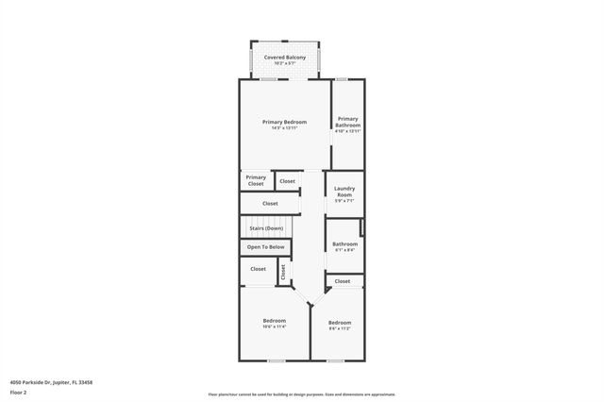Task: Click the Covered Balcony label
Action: pos(284,58)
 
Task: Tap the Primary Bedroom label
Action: pos(284,122)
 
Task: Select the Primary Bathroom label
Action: pos(347,122)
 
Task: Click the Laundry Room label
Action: pos(344,192)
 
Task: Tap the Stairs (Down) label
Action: pos(266,228)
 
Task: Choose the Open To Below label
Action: pos(265,247)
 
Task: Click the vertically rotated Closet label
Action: pos(282,272)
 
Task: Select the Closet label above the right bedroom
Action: pos(343,281)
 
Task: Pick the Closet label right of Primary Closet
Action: pos(288,180)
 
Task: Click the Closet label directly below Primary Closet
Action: pos(270,203)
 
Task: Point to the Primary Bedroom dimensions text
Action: pos(284,128)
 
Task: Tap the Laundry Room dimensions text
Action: pos(344,201)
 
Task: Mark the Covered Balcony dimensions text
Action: pos(284,63)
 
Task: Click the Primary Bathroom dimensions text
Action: pos(347,131)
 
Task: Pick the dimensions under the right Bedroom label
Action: pos(340,328)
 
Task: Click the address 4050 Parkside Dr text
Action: pos(51,382)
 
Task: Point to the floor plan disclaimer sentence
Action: pos(302,394)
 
